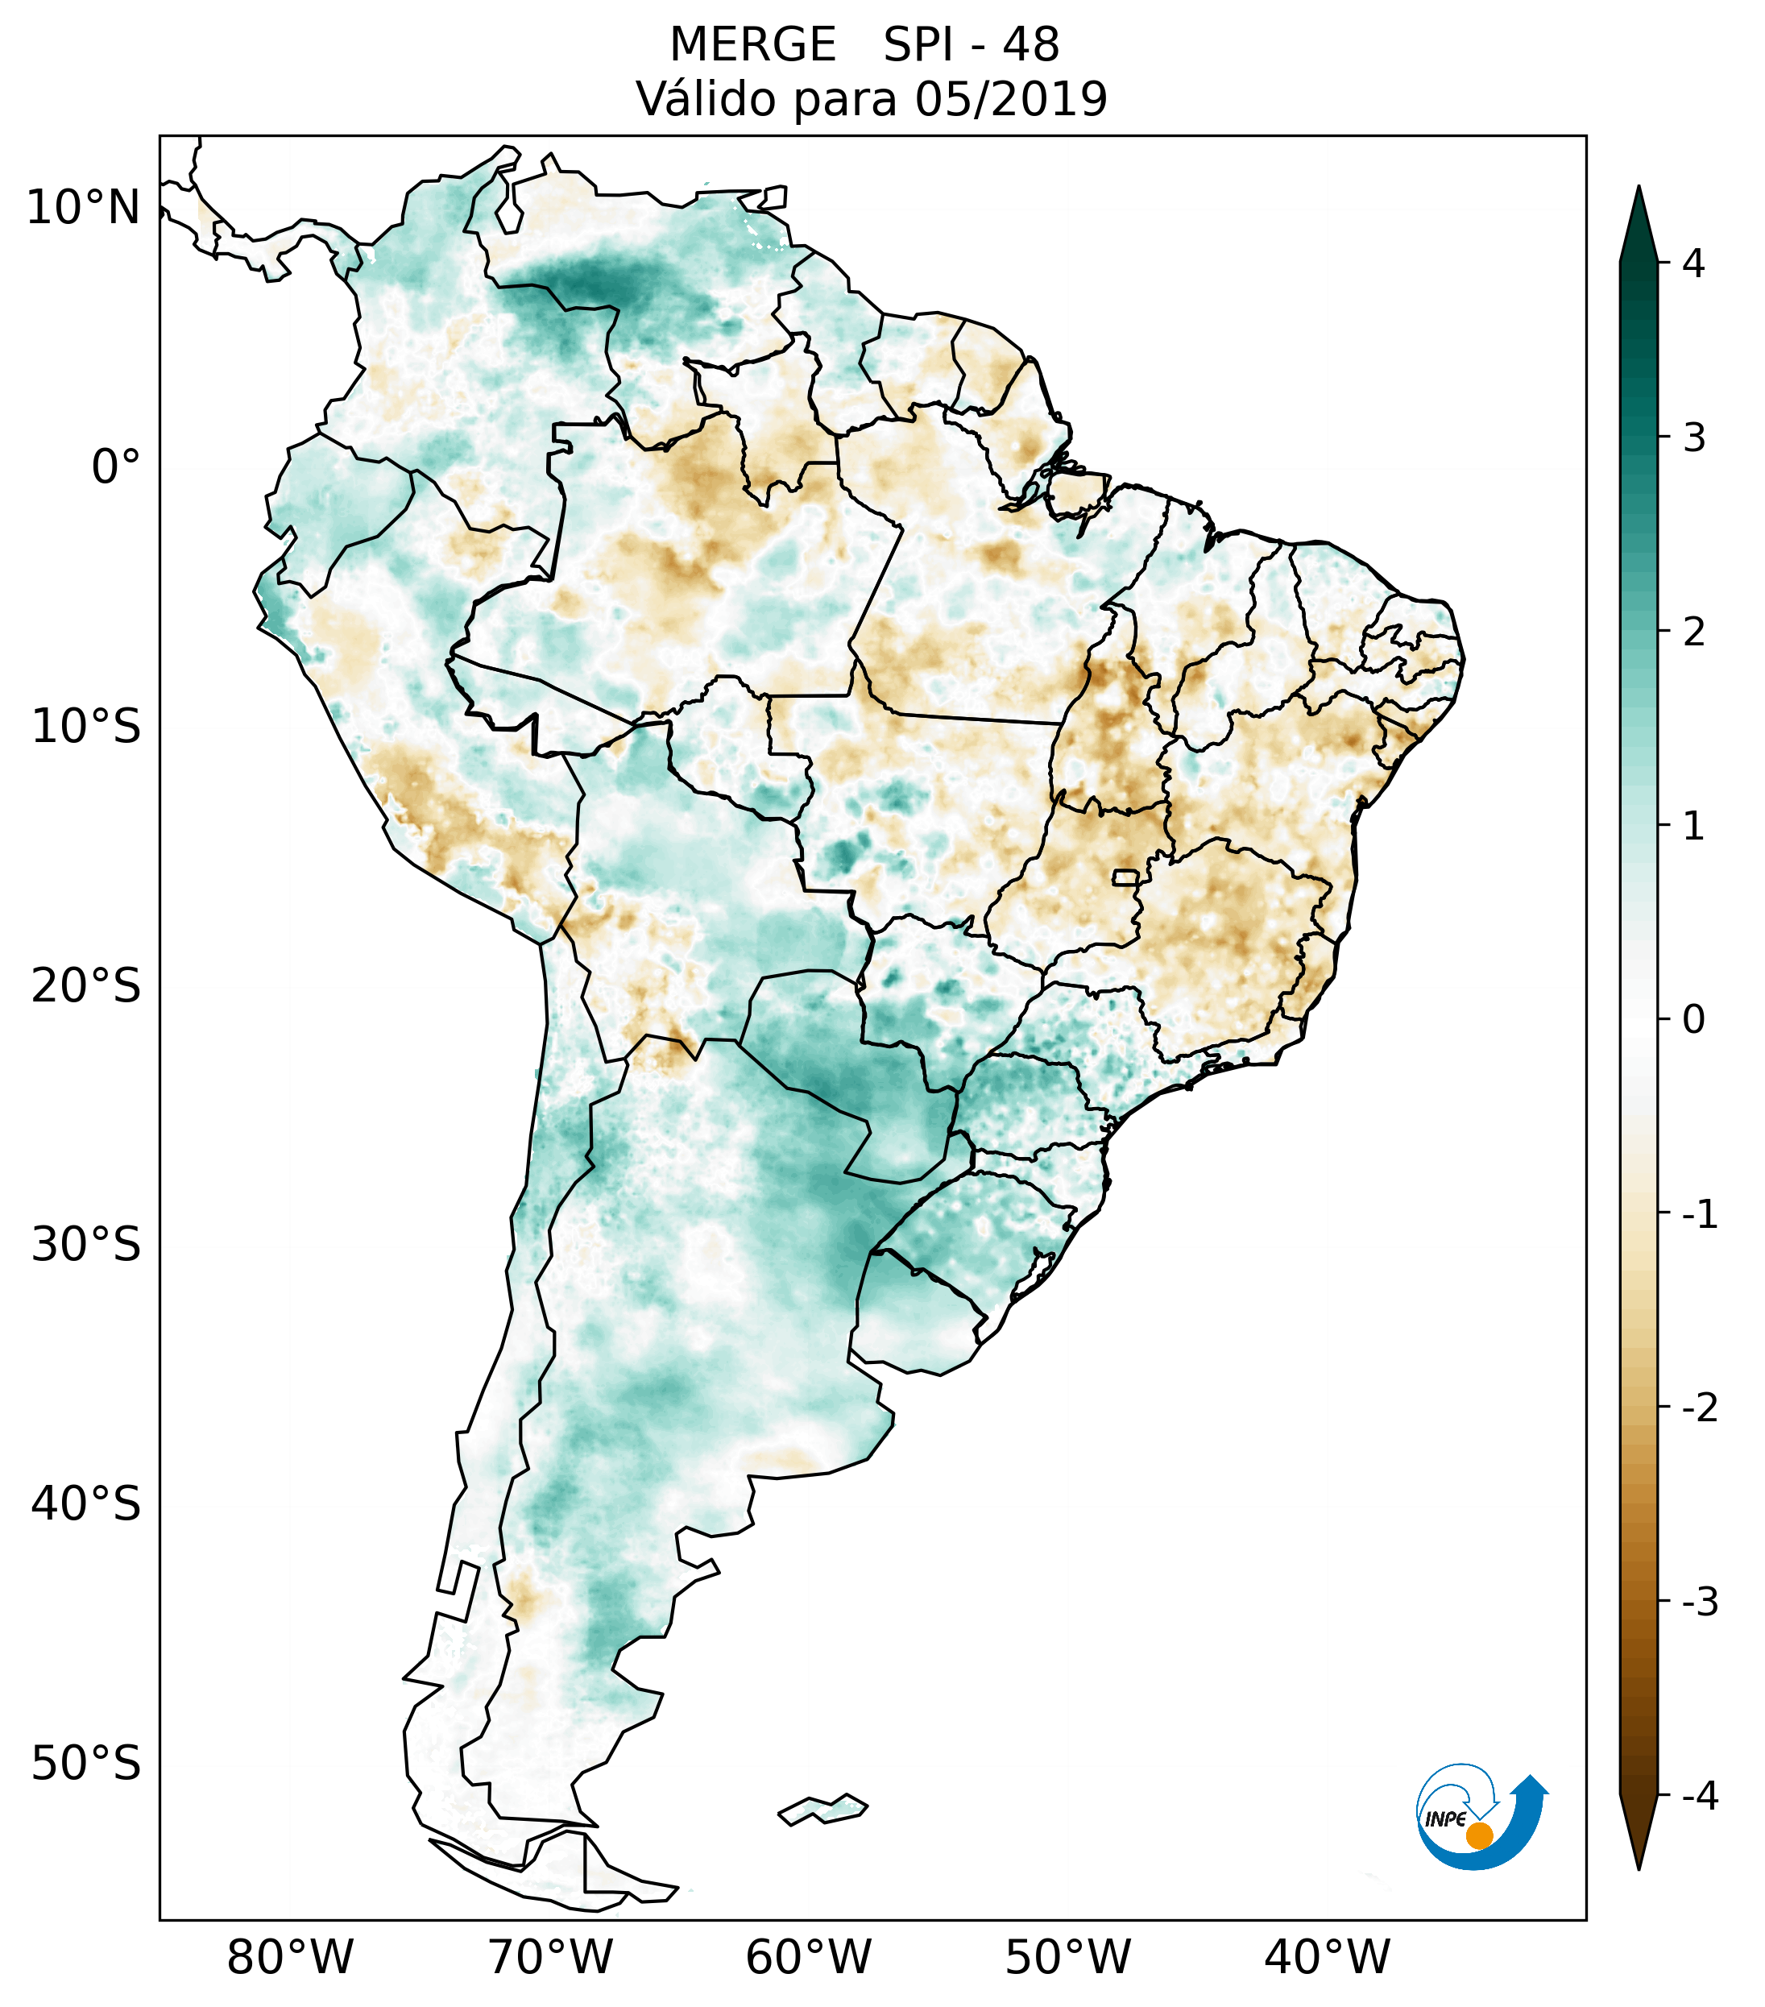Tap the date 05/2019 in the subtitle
[1010, 99]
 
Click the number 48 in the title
[1031, 45]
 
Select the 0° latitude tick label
[116, 467]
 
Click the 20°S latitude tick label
[86, 986]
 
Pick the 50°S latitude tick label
[86, 1764]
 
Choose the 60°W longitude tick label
[808, 1957]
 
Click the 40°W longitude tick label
[1328, 1957]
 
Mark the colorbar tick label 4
[1693, 263]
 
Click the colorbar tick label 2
[1693, 632]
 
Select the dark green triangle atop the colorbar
[1639, 226]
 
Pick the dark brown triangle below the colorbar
[1639, 1828]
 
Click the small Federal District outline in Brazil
[1126, 876]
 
